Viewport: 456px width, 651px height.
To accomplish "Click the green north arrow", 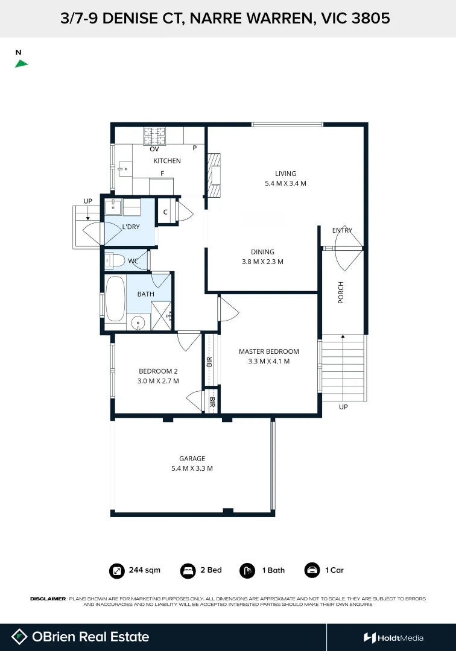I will point(21,63).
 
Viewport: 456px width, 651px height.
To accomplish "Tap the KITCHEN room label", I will point(167,161).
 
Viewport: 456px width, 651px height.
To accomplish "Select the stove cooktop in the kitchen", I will point(155,136).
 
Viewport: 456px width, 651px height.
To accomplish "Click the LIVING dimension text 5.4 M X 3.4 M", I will point(285,183).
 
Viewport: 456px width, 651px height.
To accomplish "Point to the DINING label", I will point(262,252).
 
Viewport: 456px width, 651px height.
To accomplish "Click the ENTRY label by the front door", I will point(342,230).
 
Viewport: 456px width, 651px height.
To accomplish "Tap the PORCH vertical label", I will point(341,292).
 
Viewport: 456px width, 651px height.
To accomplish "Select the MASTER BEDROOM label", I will point(268,351).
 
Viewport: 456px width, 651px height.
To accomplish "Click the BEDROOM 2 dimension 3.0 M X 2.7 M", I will point(159,381).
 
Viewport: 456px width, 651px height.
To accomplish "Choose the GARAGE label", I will point(192,458).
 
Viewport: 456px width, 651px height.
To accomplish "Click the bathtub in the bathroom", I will point(114,299).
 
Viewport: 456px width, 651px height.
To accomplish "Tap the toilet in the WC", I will point(116,261).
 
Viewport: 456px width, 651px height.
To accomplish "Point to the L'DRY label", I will point(131,227).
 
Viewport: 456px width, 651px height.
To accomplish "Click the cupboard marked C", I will point(165,212).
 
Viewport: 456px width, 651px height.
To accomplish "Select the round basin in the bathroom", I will point(139,322).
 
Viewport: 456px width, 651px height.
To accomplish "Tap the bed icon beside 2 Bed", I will point(188,570).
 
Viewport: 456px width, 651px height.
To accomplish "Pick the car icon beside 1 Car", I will point(312,570).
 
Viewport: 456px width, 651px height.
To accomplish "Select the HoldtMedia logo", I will point(393,638).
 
